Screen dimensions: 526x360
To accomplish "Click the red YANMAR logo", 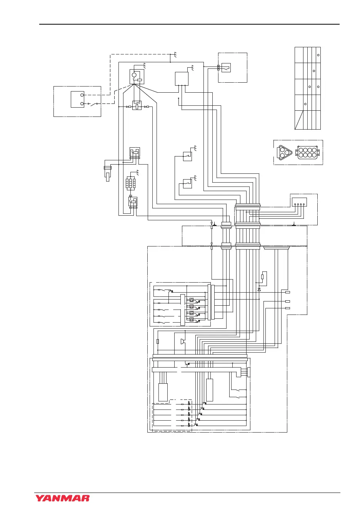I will (x=63, y=498).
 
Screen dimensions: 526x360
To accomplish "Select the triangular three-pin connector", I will (x=285, y=152).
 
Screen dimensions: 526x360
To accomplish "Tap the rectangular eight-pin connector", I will (x=307, y=153).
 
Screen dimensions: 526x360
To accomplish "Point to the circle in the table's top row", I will (x=318, y=55).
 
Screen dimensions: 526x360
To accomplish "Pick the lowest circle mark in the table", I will (x=305, y=104).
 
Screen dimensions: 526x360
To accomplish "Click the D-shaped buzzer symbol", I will (x=183, y=341).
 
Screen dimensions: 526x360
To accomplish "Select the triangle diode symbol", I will (x=259, y=289).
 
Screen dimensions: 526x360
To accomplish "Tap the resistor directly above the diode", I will (x=262, y=276).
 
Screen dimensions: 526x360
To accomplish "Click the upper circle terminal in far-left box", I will (x=82, y=95).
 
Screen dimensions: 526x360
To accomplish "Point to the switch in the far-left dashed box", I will (x=93, y=103).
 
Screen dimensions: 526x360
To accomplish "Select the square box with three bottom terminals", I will (x=182, y=78).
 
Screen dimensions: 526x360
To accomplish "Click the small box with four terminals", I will (x=299, y=202).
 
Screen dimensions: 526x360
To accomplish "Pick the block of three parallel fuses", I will (x=130, y=183).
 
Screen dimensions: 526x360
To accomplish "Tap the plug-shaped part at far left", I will (x=108, y=172).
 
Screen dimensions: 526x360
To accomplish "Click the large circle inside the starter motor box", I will (x=134, y=75).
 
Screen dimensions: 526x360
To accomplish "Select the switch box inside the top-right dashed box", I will (x=226, y=68).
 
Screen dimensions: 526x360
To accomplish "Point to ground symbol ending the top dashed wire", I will (x=175, y=55).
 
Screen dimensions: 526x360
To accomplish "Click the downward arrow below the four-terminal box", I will (x=294, y=223).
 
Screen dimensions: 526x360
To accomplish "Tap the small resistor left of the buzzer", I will (x=158, y=341).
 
